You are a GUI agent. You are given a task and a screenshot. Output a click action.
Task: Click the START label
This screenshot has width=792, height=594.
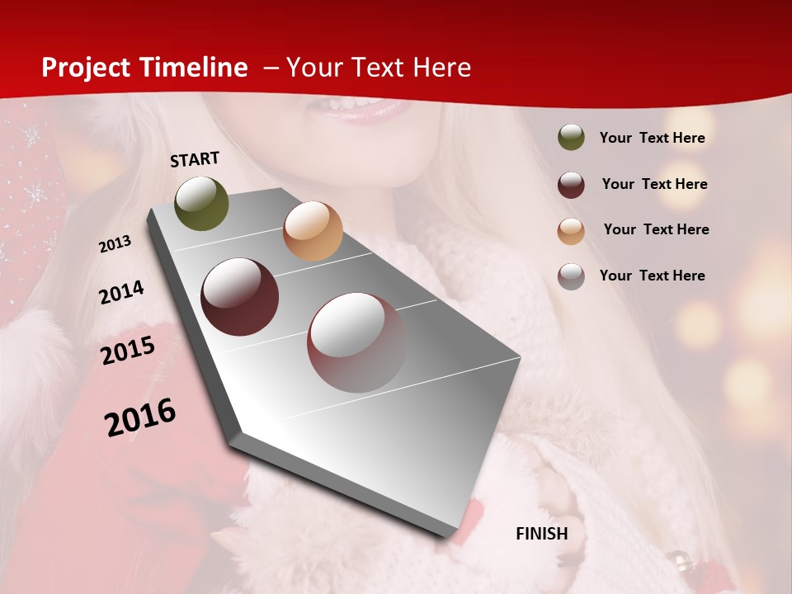pos(195,159)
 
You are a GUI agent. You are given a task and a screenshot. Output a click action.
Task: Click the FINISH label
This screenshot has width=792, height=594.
pos(541,534)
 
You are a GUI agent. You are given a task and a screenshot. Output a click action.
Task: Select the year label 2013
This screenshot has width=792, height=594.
pos(115,244)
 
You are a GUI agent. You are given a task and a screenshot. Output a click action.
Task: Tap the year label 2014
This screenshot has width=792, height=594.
pos(121,293)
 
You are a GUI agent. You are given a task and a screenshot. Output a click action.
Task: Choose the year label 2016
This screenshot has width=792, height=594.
pos(140,417)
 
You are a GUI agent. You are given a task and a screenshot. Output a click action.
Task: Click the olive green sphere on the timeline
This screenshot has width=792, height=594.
pos(201,203)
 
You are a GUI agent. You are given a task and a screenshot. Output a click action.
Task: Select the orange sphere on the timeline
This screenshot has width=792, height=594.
pos(313,231)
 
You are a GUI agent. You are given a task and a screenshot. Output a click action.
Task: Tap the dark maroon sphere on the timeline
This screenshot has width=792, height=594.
pos(240,297)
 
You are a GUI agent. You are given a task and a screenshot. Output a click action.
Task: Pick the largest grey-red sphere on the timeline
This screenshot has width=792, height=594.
pos(357,342)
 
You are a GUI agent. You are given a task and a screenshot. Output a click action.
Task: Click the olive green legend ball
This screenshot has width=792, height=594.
pos(571,137)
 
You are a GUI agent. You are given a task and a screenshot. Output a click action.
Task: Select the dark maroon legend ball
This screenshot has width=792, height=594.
pos(571,184)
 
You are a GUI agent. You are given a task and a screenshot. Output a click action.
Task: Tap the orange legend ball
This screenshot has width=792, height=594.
pos(571,230)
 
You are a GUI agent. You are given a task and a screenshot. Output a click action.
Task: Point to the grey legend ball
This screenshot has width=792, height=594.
pos(571,276)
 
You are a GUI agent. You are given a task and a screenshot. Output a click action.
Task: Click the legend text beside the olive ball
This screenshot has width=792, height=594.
pos(652,138)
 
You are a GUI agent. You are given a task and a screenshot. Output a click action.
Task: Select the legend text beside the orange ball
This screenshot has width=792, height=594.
pos(656,229)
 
